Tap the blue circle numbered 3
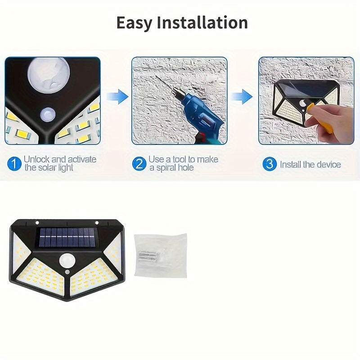coord(270,164)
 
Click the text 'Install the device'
coord(310,164)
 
